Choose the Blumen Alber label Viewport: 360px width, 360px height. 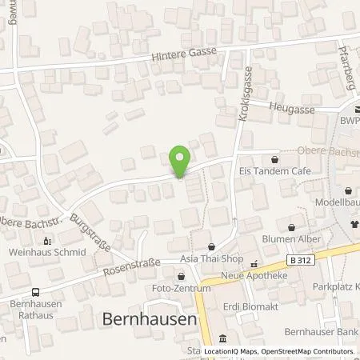click(291, 239)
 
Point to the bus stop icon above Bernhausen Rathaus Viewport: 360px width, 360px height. click(35, 292)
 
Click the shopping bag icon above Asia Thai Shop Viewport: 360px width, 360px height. click(211, 246)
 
